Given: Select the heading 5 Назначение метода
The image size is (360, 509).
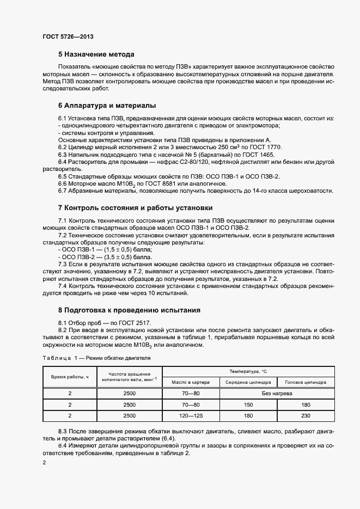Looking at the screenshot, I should [96, 54].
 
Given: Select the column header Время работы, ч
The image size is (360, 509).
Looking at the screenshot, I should [70, 377].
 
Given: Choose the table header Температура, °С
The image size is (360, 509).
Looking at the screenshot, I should [248, 371].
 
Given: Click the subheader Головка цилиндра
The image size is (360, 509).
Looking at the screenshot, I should [306, 382].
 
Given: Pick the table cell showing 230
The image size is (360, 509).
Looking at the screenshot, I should [306, 415].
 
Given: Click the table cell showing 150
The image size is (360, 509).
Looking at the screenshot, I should [248, 404].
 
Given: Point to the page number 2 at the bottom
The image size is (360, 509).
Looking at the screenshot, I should [45, 462].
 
